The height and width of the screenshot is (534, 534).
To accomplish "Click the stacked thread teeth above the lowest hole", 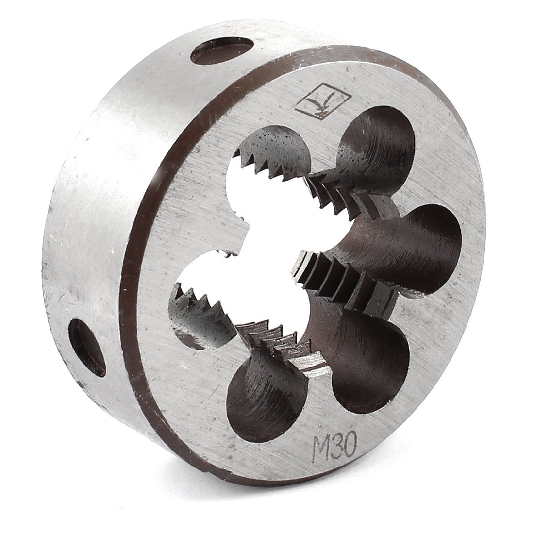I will tap(282, 340).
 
